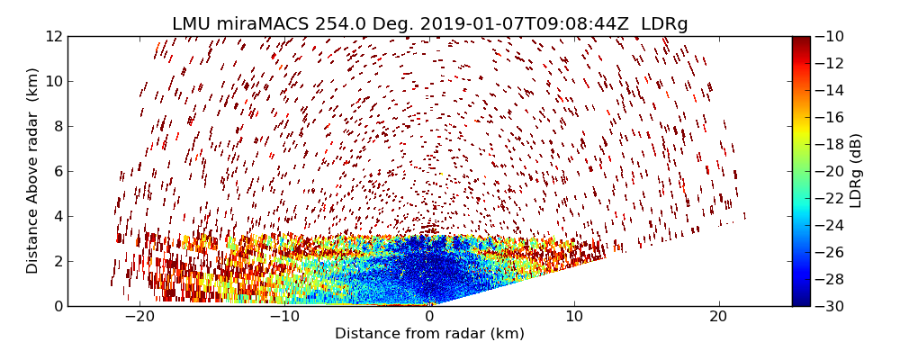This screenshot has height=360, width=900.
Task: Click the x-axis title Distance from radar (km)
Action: pos(429,334)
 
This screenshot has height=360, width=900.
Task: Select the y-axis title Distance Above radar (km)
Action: pos(33,170)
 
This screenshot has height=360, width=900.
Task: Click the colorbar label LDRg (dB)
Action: pos(856,170)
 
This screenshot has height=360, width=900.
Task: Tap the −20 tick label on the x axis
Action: pos(139,317)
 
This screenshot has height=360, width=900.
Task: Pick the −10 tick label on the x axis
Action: pos(284,317)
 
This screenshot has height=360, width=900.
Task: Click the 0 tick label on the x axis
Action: pos(429,317)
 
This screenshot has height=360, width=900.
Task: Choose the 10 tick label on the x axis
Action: pos(574,317)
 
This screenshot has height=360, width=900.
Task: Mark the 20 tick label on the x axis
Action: pos(718,317)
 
